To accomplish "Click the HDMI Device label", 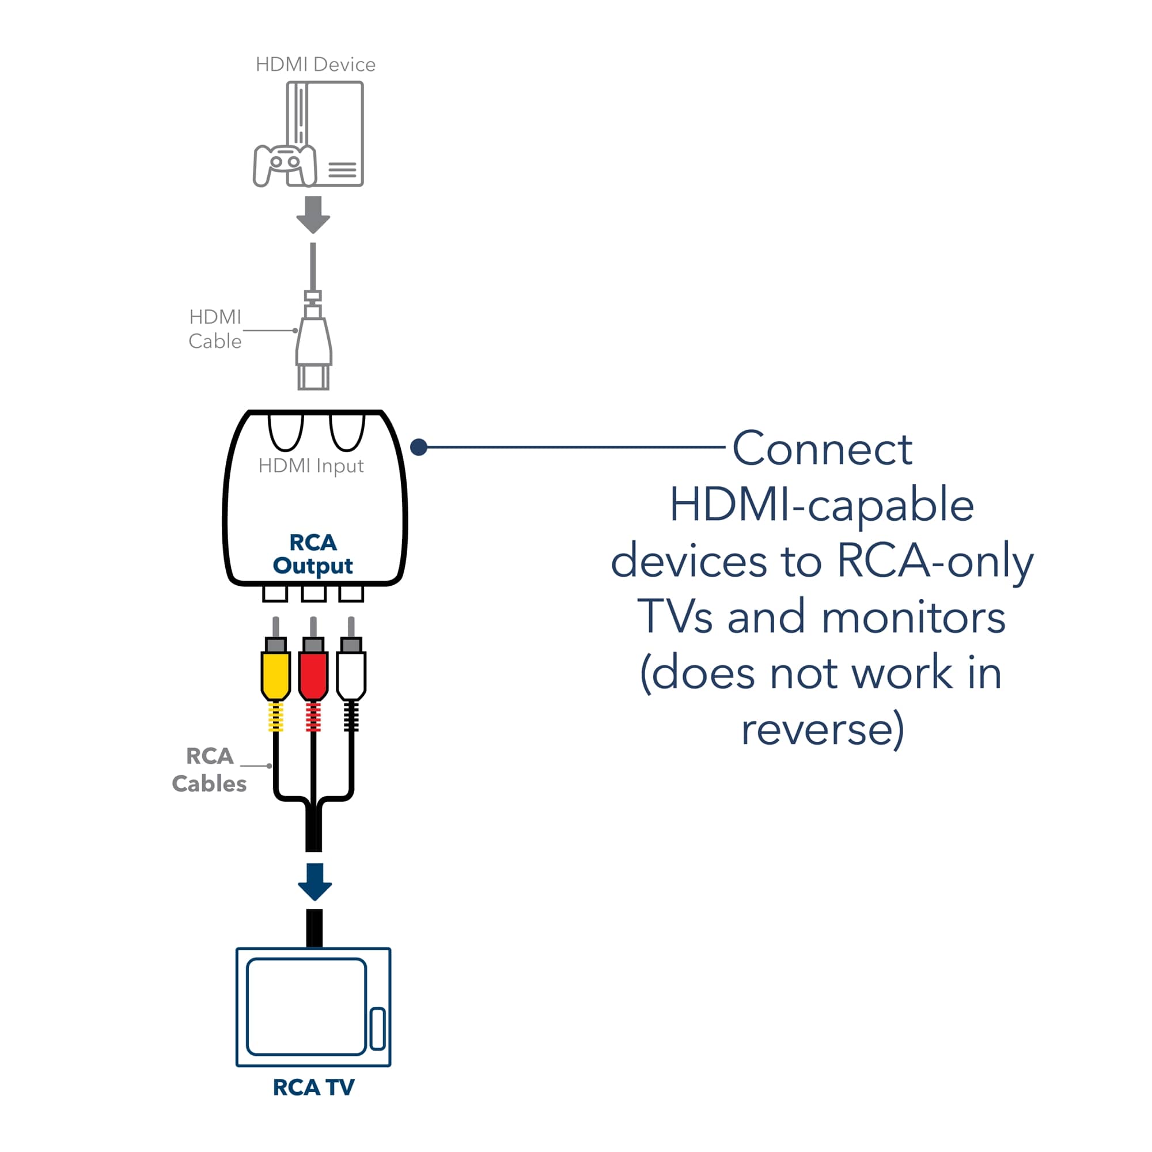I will (316, 65).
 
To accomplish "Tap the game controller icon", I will (284, 165).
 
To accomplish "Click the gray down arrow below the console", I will (313, 215).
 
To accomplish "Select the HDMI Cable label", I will (215, 328).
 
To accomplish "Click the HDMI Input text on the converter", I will (310, 465).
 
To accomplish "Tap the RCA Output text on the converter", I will (313, 554).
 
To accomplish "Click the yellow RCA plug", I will (275, 675).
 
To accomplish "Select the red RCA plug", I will (313, 675).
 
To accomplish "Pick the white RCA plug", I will (351, 675).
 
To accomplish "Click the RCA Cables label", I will (209, 770).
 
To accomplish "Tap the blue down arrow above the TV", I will (314, 881).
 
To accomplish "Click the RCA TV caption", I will (314, 1087).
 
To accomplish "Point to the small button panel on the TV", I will (377, 1028).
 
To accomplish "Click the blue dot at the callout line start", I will (419, 446).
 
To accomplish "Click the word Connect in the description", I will (823, 449).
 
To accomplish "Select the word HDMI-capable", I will (822, 505).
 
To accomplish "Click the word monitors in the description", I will (914, 617).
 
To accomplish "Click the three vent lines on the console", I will (342, 170).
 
